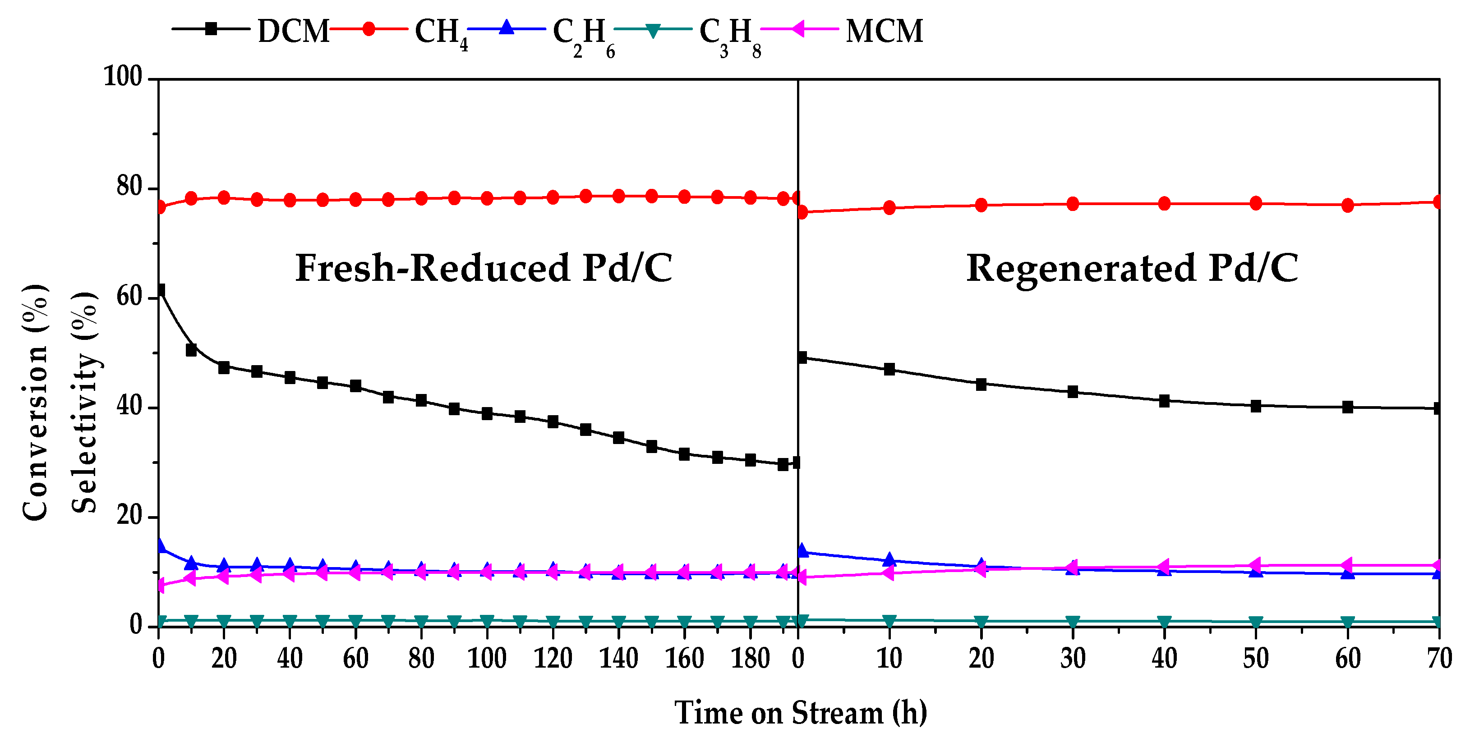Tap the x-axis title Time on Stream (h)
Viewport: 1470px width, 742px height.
tap(800, 713)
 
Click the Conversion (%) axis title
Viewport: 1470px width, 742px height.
tap(35, 402)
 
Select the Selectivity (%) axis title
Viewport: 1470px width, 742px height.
tap(84, 402)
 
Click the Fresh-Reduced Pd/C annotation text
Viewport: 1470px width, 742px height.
tap(484, 268)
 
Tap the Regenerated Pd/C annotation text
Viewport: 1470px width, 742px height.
tap(1132, 268)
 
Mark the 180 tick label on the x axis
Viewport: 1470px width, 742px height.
tap(751, 659)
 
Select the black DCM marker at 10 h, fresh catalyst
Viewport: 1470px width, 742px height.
tap(191, 350)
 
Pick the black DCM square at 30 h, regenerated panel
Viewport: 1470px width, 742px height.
tap(1073, 392)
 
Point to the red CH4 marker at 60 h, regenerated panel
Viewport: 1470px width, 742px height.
tap(1348, 205)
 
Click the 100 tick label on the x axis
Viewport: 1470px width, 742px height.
tap(487, 659)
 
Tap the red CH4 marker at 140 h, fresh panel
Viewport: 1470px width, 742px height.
tap(618, 196)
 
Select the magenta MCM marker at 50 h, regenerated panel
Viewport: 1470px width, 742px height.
tap(1255, 566)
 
